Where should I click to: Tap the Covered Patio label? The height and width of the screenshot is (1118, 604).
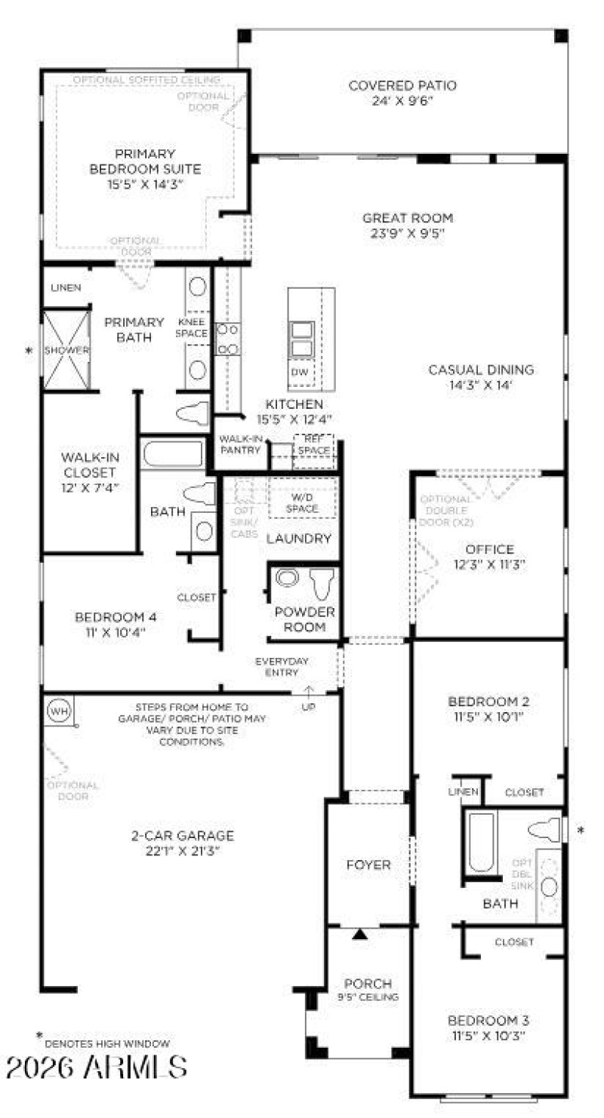pos(402,93)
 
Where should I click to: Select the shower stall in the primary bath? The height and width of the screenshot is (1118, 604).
pos(66,350)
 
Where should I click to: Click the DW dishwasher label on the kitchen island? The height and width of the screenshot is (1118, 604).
pos(299,373)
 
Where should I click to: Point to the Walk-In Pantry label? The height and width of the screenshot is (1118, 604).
pos(240,444)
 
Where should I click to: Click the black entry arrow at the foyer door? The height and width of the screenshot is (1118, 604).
pos(360,934)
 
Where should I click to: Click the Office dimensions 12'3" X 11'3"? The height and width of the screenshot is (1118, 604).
pos(489,564)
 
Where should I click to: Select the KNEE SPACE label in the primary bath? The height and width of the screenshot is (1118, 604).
pos(196,327)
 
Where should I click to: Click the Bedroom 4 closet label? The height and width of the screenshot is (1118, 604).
pos(196,597)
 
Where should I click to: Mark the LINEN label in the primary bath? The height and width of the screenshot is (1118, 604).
pos(66,288)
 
